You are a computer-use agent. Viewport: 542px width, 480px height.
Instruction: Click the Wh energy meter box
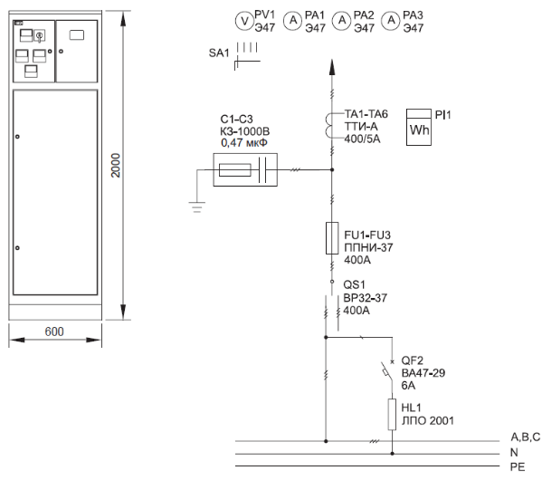419,127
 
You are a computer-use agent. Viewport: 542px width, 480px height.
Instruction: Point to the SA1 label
219,53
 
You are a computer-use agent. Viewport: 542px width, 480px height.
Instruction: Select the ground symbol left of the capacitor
197,207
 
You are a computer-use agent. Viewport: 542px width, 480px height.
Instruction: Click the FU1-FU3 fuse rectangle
332,238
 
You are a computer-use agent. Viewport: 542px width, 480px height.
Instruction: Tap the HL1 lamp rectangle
392,414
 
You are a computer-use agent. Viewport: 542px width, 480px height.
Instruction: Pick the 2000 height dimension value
116,166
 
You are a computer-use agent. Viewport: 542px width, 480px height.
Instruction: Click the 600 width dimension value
54,331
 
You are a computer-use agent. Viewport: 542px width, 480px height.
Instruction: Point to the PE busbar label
518,466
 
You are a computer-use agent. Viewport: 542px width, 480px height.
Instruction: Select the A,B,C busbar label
526,437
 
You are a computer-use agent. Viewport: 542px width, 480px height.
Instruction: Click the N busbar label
514,452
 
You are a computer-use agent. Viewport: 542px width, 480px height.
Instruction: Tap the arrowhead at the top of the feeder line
332,67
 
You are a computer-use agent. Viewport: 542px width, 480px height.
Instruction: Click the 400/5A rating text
362,139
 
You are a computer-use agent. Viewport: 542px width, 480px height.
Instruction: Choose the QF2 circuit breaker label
412,360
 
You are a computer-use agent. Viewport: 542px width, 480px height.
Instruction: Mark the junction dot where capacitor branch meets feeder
332,169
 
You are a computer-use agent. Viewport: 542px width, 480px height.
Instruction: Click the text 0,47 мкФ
244,142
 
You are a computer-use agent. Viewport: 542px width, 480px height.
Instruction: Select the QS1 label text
354,284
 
